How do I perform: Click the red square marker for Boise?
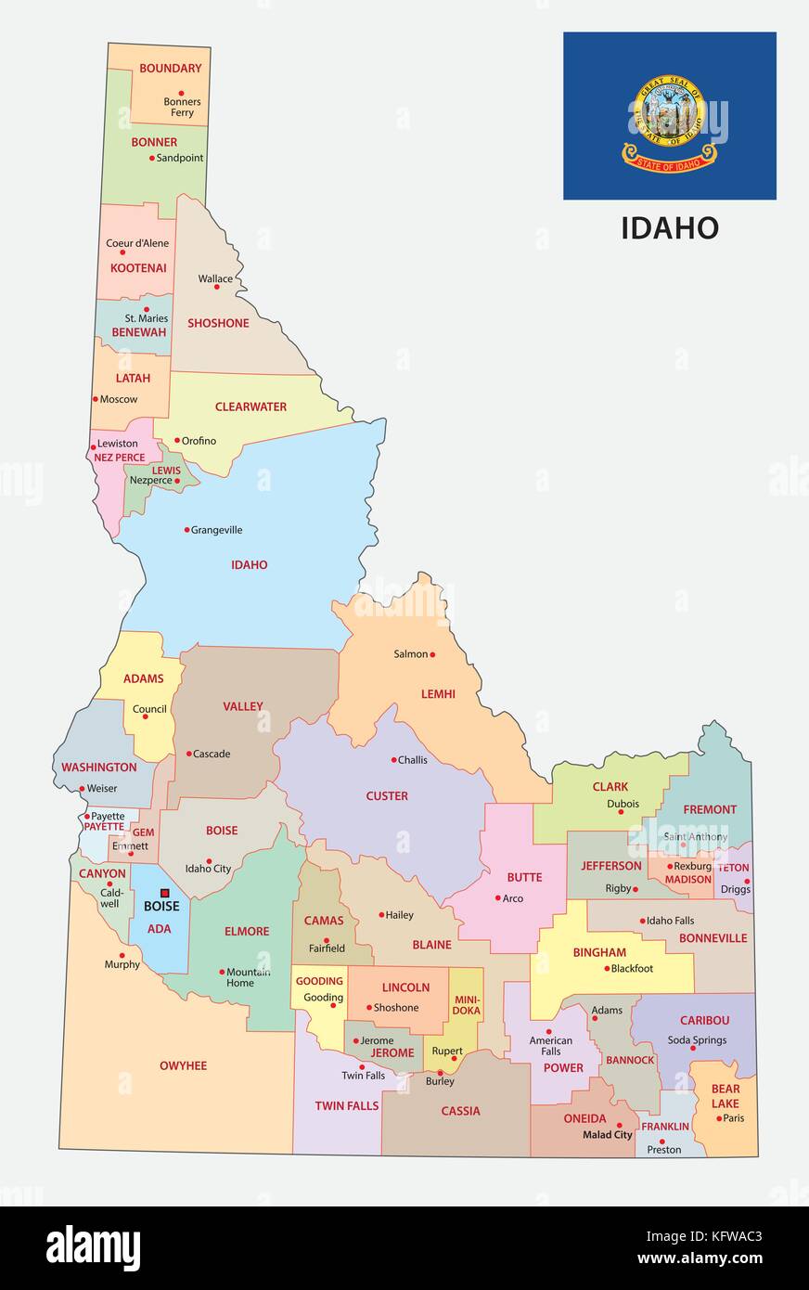coord(165,893)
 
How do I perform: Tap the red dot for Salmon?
coord(432,654)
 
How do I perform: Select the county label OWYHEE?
coord(183,1065)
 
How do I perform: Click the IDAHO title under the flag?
coord(670,228)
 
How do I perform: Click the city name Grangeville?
coord(216,530)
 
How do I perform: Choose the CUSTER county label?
coord(387,795)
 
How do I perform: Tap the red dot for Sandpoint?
coord(152,158)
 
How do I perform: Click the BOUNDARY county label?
coord(170,68)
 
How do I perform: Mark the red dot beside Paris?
coord(719,1118)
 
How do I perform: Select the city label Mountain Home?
coord(248,977)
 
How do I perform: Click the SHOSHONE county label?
coord(218,323)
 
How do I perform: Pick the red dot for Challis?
coord(393,759)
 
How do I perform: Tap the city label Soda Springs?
coord(697,1040)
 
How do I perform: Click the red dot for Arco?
coord(498,897)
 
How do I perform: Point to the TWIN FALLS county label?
coord(346,1105)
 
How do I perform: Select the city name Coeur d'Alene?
coord(137,243)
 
